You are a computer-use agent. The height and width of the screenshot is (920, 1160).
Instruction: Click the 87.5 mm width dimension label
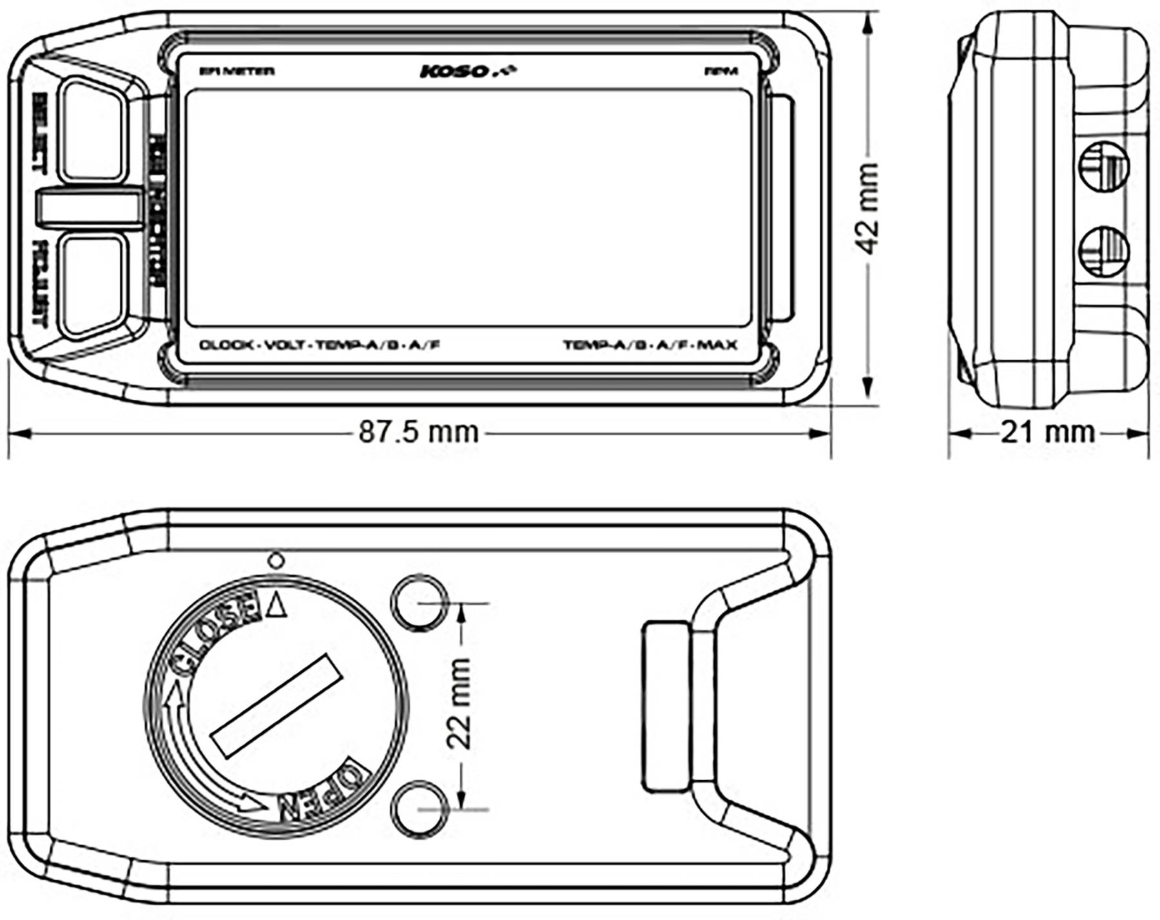418,432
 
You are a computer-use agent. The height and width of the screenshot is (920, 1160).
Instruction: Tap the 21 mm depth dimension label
1047,432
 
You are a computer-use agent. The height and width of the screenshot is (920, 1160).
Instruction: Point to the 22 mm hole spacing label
459,703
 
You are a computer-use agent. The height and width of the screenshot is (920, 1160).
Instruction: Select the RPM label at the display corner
722,72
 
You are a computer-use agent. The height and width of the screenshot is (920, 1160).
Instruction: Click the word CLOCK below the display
226,345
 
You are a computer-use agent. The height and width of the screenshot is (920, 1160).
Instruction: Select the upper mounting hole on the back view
420,602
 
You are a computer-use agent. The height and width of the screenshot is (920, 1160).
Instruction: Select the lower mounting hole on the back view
420,808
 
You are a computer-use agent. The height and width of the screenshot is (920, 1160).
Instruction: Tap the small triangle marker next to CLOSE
276,606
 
